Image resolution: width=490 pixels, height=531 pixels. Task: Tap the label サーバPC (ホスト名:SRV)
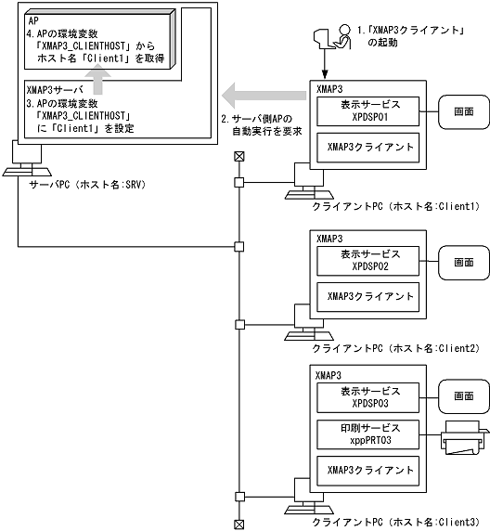[79, 184]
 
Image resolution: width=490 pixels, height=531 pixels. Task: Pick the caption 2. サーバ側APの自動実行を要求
[261, 126]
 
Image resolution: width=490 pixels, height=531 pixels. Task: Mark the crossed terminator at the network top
[239, 155]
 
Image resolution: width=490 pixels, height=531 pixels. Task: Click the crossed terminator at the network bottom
[239, 524]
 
